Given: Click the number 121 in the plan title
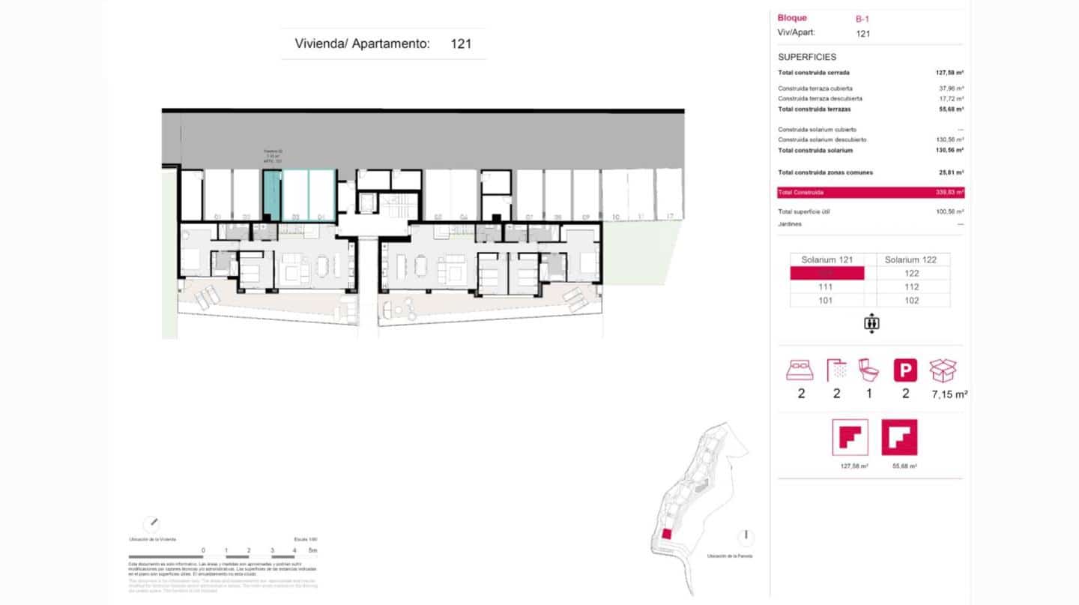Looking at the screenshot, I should (x=461, y=43).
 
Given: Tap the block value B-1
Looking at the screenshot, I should (x=863, y=19).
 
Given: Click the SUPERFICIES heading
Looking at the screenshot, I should (x=807, y=57).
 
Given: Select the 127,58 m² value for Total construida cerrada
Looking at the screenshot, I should (x=949, y=73).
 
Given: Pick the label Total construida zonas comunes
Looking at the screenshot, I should (x=825, y=172).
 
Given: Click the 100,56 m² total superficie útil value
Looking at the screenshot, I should (x=949, y=211).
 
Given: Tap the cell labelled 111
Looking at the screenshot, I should (x=827, y=287).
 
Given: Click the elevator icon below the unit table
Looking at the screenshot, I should (x=871, y=324).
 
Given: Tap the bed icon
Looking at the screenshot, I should (x=800, y=370).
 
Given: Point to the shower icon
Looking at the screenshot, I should (x=836, y=370).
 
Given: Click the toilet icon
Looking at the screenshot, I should (x=869, y=370).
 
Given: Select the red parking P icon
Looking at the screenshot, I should (x=905, y=370).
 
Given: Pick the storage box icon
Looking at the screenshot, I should (x=943, y=370).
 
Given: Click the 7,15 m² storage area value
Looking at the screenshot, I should (x=947, y=394).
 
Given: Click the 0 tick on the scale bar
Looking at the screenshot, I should (x=203, y=551).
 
